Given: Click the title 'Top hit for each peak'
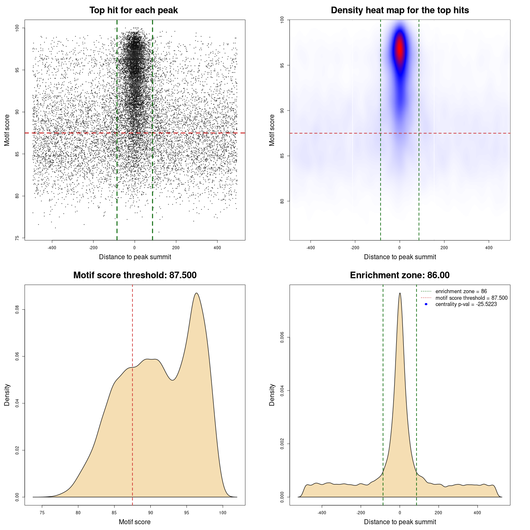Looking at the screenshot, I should [133, 10].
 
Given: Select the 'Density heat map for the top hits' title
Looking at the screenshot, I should [400, 10].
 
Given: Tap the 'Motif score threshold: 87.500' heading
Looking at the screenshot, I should [135, 275].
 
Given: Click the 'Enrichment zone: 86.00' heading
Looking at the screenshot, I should [400, 275].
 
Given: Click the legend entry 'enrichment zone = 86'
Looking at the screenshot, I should [461, 291].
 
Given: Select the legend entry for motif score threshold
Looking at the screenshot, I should [471, 298].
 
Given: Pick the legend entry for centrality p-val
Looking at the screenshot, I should [466, 304].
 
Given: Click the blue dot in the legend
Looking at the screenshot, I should [426, 304].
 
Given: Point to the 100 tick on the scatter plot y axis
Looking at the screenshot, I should [17, 28].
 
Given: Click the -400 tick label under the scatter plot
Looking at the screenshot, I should [52, 248].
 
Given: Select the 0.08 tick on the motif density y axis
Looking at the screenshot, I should [17, 310].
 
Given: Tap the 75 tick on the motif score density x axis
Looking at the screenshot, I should [42, 513].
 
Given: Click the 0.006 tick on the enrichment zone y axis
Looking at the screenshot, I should [282, 337].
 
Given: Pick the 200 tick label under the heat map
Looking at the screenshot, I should [444, 248].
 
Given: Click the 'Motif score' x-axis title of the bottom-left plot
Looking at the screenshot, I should [135, 522].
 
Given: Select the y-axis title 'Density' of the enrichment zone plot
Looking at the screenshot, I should [272, 395].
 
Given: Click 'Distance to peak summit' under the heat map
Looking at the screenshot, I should [400, 257].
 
